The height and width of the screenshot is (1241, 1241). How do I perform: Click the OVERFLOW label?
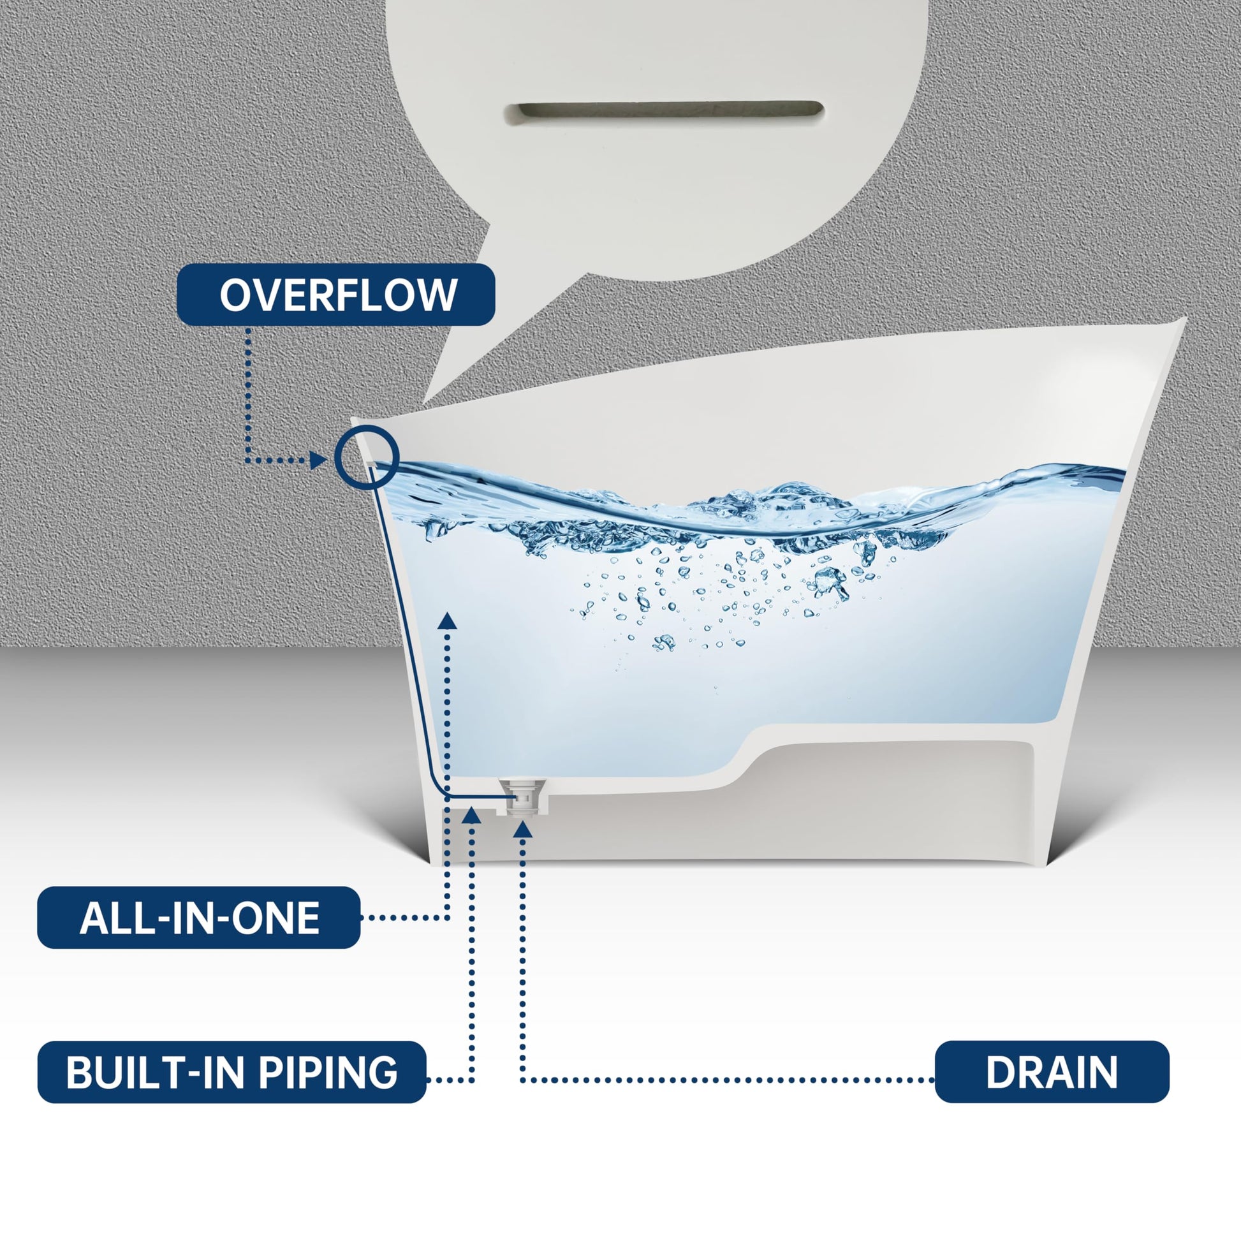click(x=336, y=294)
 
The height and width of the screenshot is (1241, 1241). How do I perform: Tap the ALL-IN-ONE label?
click(x=198, y=917)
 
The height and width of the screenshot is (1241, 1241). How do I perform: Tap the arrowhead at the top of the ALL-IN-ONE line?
click(x=447, y=620)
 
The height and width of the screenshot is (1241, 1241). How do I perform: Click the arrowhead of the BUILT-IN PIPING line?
click(x=472, y=815)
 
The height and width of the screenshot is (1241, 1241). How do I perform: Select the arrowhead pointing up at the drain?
click(x=524, y=829)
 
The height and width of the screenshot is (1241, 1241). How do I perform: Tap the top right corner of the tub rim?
click(x=1184, y=318)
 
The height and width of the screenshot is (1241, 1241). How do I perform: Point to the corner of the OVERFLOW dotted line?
click(x=248, y=460)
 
